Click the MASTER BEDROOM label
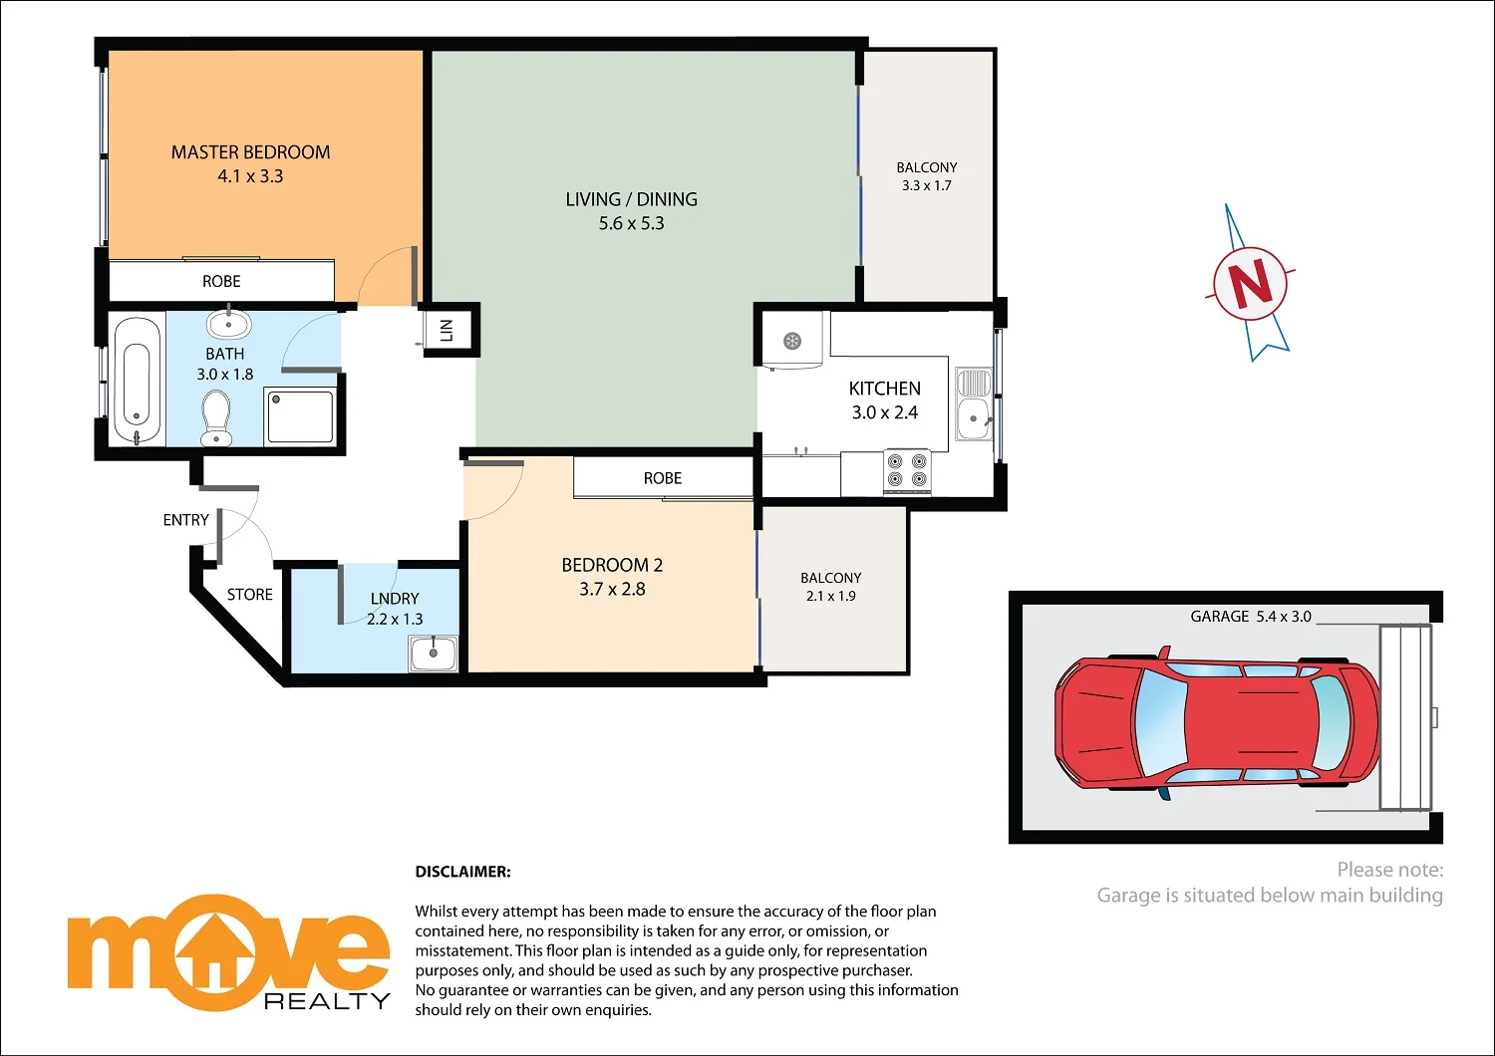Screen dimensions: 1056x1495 point(250,152)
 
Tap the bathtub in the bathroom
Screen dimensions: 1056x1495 point(138,381)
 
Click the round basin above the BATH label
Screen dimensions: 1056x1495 point(228,325)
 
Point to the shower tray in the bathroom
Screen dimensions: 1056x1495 point(300,415)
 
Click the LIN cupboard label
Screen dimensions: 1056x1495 point(447,330)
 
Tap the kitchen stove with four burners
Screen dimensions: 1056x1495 point(907,470)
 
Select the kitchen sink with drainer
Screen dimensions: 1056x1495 point(974,402)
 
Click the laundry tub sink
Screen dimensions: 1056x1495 point(433,654)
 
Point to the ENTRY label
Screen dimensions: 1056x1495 point(186,520)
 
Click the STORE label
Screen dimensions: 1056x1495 point(249,595)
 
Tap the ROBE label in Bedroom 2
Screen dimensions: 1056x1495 point(663,478)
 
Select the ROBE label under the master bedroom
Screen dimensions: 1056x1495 point(221,282)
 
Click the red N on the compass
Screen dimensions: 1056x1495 point(1251,283)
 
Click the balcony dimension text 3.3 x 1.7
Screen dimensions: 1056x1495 point(927,185)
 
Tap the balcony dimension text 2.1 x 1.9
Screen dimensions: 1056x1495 point(831,596)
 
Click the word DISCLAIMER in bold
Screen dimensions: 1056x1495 point(462,872)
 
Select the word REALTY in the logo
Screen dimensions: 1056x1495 point(327,1001)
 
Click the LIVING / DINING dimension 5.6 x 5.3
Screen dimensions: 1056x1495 point(632,223)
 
